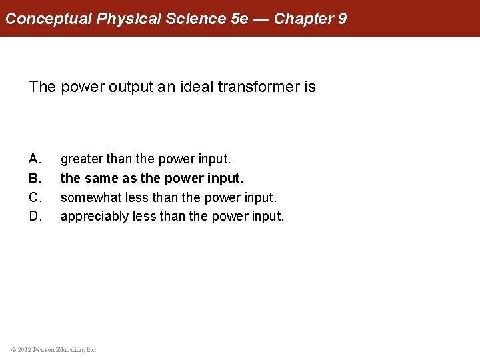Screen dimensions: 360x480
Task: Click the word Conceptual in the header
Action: (49, 19)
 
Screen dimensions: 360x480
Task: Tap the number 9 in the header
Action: (342, 19)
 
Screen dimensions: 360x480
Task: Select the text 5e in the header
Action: (238, 19)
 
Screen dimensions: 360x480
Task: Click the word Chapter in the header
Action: (303, 19)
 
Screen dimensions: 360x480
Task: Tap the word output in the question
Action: (127, 87)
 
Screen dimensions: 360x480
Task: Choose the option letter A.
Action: (35, 159)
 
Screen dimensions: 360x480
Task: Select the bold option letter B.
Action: (35, 179)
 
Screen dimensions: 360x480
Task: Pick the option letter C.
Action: (35, 198)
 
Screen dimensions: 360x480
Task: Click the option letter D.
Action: (35, 217)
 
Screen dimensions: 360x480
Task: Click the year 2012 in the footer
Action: (25, 349)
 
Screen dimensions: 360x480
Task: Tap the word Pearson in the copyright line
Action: (44, 349)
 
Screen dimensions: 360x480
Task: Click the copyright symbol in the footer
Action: (13, 349)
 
